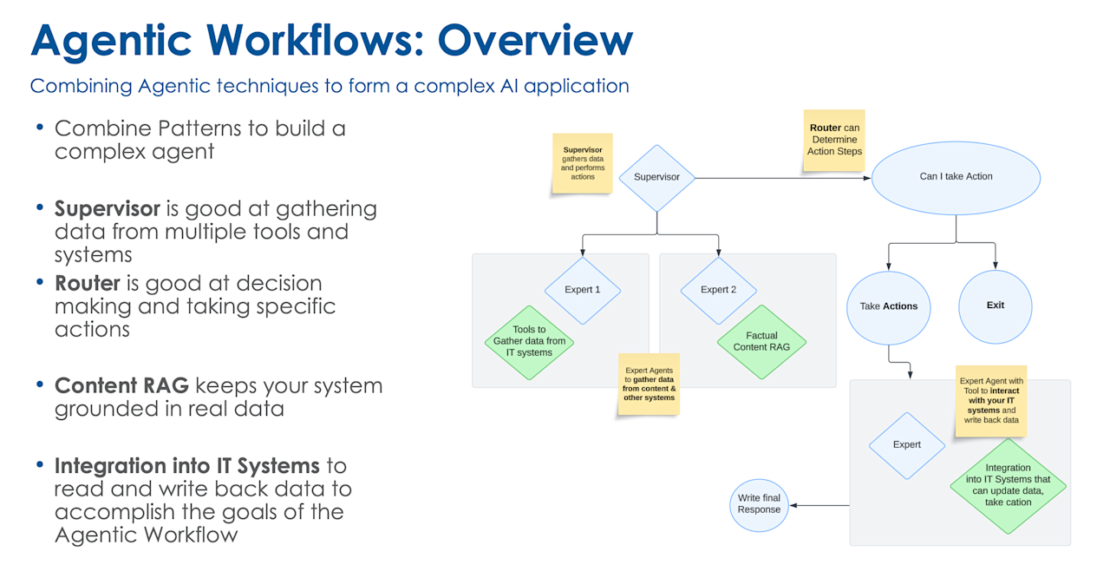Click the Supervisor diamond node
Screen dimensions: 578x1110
point(656,177)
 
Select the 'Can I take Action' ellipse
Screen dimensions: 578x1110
point(956,176)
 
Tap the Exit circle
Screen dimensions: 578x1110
point(995,305)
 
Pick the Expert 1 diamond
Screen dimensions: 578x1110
point(583,290)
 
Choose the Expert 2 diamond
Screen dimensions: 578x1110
point(718,290)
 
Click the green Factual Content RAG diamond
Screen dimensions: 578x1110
point(761,341)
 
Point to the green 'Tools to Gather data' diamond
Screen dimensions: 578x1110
point(529,342)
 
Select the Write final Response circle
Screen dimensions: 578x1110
point(759,504)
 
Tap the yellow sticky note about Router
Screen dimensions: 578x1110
point(834,139)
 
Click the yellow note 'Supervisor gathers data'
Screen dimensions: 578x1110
point(583,162)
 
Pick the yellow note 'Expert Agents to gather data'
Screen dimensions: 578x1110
point(648,384)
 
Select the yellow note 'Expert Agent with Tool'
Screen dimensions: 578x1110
point(991,400)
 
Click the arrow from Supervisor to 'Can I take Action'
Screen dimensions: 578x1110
point(780,178)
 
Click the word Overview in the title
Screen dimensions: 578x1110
point(535,40)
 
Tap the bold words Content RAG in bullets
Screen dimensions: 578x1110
point(121,385)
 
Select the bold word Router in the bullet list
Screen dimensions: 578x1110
point(88,283)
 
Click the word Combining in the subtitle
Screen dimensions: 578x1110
point(81,86)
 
